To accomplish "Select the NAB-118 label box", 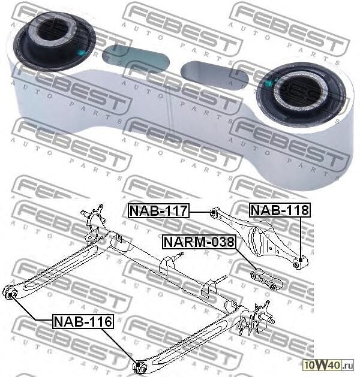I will (280, 210).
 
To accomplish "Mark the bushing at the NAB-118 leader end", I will (300, 261).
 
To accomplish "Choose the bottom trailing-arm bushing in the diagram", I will (139, 364).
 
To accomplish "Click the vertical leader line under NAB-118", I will (299, 237).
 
